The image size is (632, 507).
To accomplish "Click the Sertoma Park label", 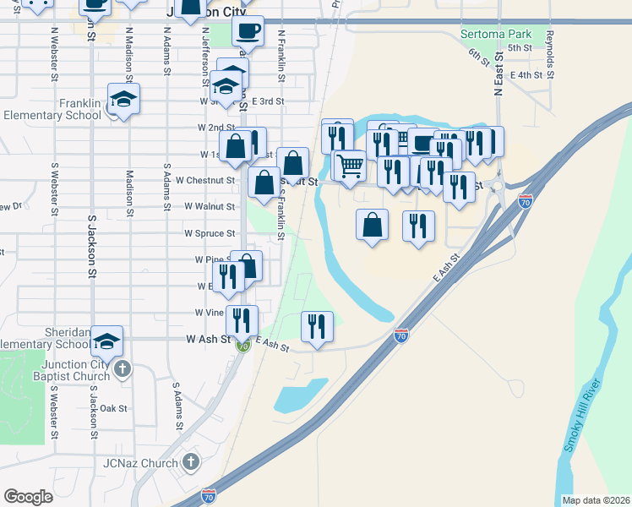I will tap(496, 35).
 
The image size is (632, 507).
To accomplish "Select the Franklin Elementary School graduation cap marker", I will tap(124, 100).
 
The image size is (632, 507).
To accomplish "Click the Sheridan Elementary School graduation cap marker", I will tap(107, 340).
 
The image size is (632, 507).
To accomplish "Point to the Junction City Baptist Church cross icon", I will tap(123, 368).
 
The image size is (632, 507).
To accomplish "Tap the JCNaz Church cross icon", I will tap(192, 462).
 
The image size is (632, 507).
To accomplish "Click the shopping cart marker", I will tap(350, 164).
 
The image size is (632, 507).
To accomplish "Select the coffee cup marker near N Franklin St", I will tap(248, 30).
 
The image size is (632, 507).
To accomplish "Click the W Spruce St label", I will tap(210, 233).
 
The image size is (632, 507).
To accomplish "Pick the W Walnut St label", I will tap(210, 206).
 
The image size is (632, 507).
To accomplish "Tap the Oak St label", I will tap(113, 408).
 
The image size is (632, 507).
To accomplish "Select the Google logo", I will tap(28, 496).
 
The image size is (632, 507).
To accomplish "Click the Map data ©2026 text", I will tap(595, 500).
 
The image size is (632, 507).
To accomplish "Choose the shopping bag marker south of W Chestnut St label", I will tap(264, 182).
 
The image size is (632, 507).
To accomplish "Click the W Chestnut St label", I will tap(204, 180).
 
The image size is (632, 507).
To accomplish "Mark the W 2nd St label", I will tap(216, 128).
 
